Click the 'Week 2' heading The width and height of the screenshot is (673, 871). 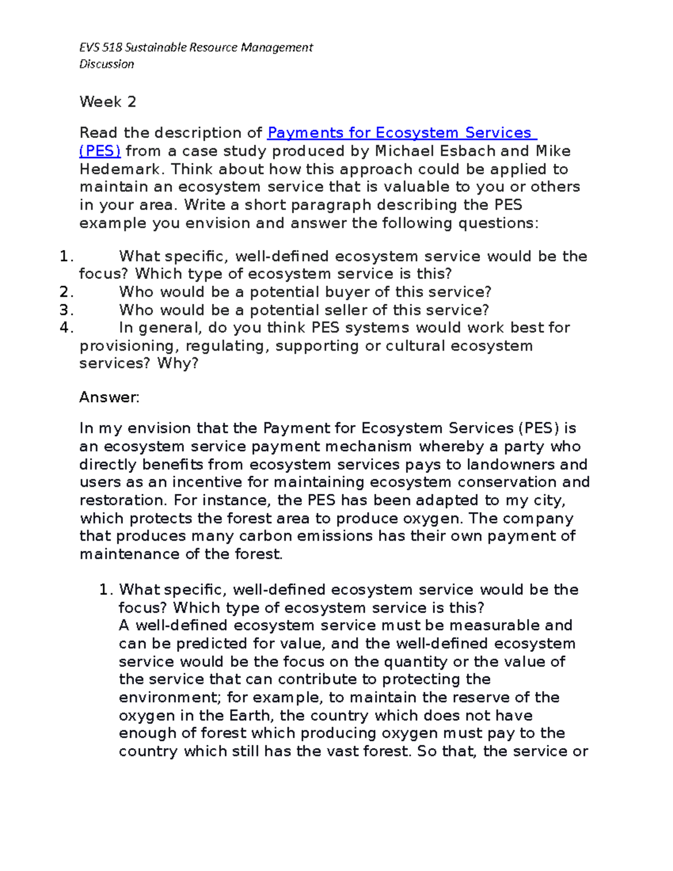tap(108, 102)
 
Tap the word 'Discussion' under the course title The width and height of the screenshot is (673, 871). tap(107, 64)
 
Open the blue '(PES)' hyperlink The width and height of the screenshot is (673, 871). tap(100, 151)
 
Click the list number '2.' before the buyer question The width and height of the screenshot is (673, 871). tap(66, 292)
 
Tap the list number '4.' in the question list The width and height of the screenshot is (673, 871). tap(66, 328)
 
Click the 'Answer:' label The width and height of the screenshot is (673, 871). tap(109, 398)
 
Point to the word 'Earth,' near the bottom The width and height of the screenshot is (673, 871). tap(252, 716)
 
